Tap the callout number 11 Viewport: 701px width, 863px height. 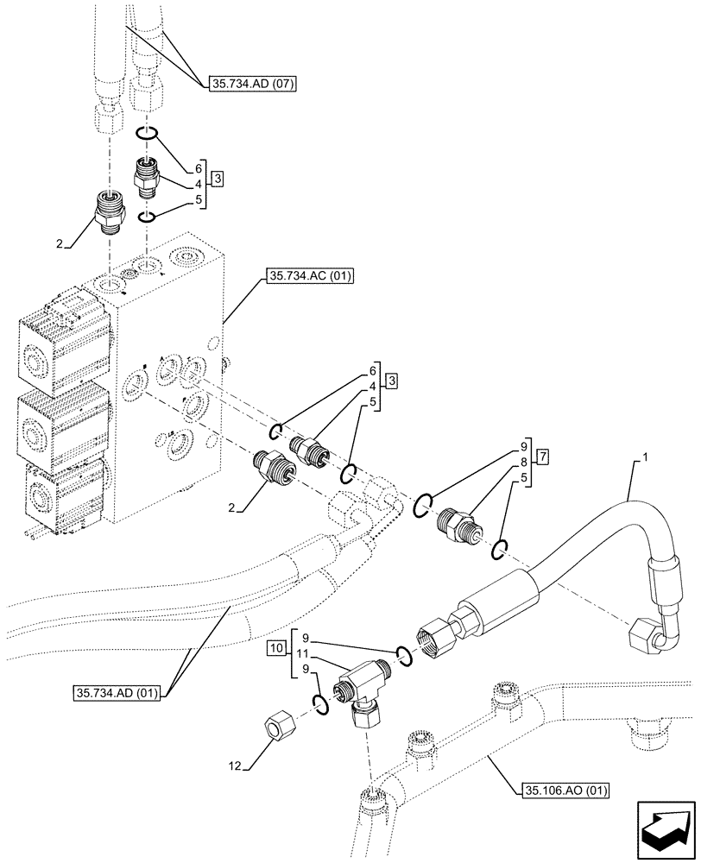[x=304, y=655]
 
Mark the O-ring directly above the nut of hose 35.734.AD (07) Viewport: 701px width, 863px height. [x=147, y=134]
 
